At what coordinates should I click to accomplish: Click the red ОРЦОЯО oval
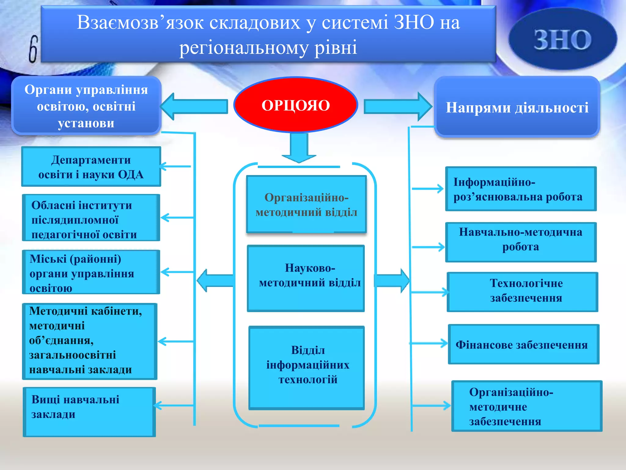[296, 105]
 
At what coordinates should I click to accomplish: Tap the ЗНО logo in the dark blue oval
[562, 40]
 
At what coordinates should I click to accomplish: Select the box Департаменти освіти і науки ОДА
[91, 167]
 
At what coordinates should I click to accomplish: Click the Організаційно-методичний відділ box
[306, 204]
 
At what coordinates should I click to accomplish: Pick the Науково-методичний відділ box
[306, 278]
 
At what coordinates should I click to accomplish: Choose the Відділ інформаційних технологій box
[307, 367]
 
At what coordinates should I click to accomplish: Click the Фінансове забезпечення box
[523, 345]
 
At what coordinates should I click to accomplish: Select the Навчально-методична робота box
[521, 242]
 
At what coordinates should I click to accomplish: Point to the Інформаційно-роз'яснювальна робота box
[521, 189]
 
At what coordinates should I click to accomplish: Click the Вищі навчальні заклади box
[89, 412]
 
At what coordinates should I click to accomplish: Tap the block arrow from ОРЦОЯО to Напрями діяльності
[397, 106]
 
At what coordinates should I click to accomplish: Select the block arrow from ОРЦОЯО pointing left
[194, 106]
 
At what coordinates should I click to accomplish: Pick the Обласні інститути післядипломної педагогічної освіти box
[91, 218]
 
